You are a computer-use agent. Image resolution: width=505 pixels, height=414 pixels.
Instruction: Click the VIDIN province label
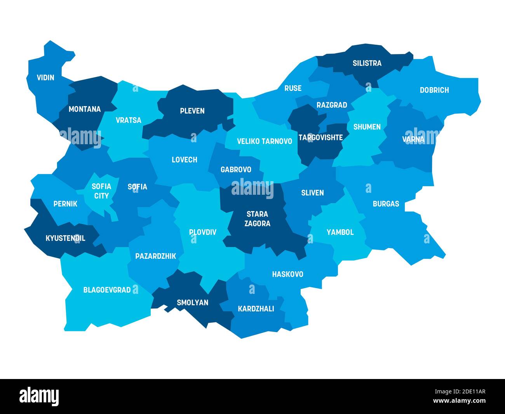45,77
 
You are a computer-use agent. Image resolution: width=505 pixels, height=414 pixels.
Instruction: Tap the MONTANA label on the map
84,109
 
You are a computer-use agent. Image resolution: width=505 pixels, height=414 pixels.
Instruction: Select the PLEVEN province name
192,111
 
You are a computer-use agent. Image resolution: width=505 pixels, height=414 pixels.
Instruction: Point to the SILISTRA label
367,63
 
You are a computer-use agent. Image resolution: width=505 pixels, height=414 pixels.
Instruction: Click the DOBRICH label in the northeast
434,90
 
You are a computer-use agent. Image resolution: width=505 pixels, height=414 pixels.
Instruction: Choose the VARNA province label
413,139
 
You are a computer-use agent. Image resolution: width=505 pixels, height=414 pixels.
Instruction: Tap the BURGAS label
386,204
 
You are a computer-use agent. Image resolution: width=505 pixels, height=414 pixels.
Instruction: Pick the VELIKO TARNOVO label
264,141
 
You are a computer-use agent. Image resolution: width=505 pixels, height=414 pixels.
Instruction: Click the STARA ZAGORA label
258,219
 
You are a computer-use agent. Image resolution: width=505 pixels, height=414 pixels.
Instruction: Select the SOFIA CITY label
101,191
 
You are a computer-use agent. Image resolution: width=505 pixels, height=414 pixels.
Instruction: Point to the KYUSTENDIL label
65,238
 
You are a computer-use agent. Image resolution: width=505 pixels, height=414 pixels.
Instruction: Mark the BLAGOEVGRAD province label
107,290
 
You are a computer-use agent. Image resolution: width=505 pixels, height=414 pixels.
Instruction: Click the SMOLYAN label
192,302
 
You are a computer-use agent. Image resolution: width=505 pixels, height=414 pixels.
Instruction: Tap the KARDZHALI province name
256,309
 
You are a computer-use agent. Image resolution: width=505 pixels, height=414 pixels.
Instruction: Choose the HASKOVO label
287,274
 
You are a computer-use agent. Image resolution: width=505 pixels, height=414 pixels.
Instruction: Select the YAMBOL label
340,232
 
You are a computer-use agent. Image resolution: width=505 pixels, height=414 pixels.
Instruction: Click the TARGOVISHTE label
320,138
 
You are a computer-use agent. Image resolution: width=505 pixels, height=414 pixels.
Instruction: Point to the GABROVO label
236,169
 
